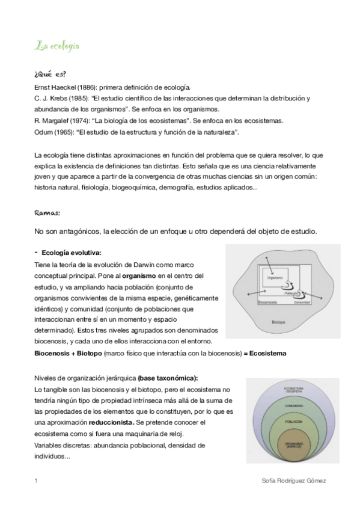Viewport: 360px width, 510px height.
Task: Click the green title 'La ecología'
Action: [58, 46]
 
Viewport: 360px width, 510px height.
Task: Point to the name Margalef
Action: [60, 120]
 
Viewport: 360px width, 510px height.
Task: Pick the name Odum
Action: [44, 132]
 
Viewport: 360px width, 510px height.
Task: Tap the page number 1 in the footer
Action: [37, 481]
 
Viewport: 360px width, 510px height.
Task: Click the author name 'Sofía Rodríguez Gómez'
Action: [294, 481]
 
